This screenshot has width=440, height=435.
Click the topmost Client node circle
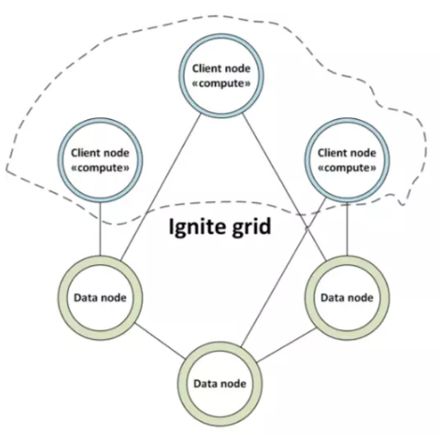point(221,38)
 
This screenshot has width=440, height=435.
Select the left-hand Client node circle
point(100,122)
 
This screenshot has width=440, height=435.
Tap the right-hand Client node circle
point(347,122)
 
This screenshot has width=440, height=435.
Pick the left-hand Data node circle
point(100,260)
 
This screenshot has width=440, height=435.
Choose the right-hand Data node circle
point(347,260)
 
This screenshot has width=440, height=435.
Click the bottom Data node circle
point(220,346)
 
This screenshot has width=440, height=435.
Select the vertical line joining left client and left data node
point(100,229)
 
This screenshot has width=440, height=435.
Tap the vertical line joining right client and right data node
point(347,229)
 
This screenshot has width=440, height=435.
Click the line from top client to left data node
point(161,187)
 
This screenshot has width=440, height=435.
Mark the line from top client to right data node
point(284,187)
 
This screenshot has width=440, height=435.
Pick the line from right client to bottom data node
point(283,273)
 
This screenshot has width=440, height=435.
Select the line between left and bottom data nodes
point(160,341)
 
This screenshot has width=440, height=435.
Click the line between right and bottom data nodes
point(287,345)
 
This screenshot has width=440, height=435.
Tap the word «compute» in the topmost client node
point(221,84)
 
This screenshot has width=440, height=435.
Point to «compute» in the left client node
point(100,168)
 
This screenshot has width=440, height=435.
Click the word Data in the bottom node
point(205,383)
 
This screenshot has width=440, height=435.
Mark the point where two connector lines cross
point(306,228)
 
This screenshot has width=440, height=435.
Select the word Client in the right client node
point(332,153)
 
